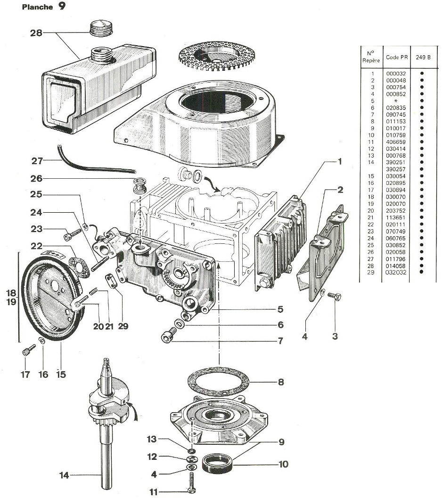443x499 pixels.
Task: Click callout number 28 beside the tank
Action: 36,33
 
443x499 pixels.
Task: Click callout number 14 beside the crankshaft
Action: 64,475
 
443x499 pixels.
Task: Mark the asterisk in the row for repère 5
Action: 393,101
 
